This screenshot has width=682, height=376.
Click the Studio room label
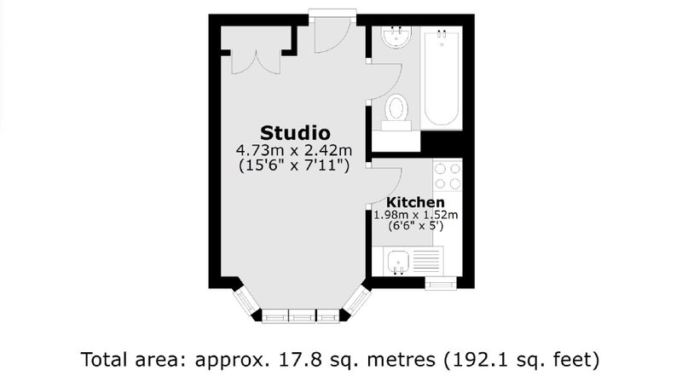295,133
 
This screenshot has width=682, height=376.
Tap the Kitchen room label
415,202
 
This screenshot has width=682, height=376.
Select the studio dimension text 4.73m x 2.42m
294,151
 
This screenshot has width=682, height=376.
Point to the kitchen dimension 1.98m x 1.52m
416,215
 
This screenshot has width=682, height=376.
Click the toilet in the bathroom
396,112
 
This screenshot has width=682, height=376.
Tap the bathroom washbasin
396,37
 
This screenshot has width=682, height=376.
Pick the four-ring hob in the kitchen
448,176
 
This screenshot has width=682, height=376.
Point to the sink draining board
426,261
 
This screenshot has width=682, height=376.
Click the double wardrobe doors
256,64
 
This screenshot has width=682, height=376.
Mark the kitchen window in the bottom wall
441,284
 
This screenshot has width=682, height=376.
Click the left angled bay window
245,301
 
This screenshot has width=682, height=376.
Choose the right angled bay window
357,300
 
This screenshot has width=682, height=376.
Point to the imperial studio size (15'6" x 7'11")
294,165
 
